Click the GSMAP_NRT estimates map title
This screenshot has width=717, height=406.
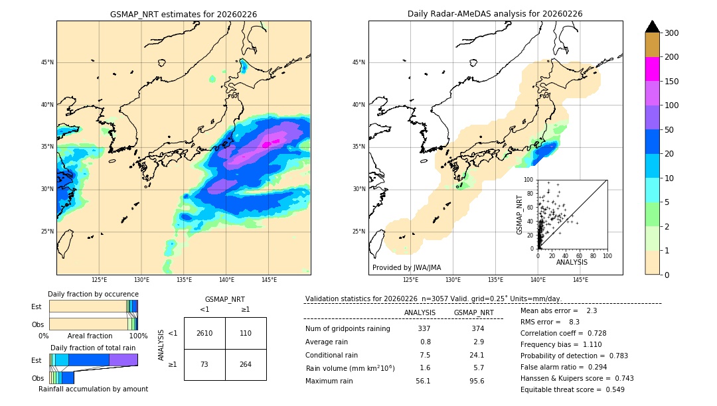tap(183, 14)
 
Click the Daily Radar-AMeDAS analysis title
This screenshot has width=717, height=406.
tap(495, 14)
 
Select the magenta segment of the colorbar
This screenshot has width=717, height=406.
tap(652, 69)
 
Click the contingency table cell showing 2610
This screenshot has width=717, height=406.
tap(204, 333)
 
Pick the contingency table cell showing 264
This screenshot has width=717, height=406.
tap(246, 364)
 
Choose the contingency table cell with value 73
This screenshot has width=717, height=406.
tap(204, 364)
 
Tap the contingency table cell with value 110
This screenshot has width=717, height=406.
tap(246, 333)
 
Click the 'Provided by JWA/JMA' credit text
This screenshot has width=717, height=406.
tap(406, 268)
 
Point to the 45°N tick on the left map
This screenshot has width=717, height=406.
tap(46, 62)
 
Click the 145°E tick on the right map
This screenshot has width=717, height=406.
tap(580, 280)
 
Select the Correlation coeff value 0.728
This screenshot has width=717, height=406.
tap(592, 333)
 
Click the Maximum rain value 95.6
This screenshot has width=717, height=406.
tap(477, 381)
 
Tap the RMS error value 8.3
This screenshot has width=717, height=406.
tap(574, 322)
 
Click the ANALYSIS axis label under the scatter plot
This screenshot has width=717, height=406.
tap(572, 262)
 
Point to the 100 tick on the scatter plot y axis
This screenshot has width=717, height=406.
tap(529, 180)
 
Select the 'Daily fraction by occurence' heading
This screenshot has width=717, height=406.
tap(93, 294)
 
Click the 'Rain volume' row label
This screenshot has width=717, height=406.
tap(350, 368)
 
